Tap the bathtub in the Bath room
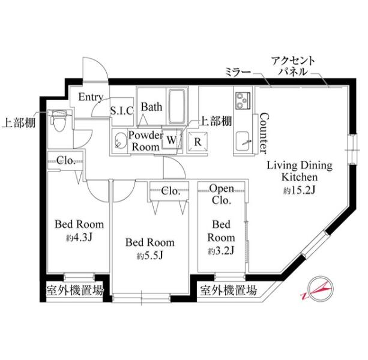pos(178,106)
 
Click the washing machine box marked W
pos(172,139)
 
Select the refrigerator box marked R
pos(198,141)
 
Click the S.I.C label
pos(122,110)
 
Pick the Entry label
pos(91,97)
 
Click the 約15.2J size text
pos(299,191)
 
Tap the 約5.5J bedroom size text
pos(150,256)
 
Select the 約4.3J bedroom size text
pos(79,238)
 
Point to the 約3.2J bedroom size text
pos(221,251)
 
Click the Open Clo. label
pos(222,194)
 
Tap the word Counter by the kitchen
pos(264,133)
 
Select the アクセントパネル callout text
pos(293,66)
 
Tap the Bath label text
pos(152,107)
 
